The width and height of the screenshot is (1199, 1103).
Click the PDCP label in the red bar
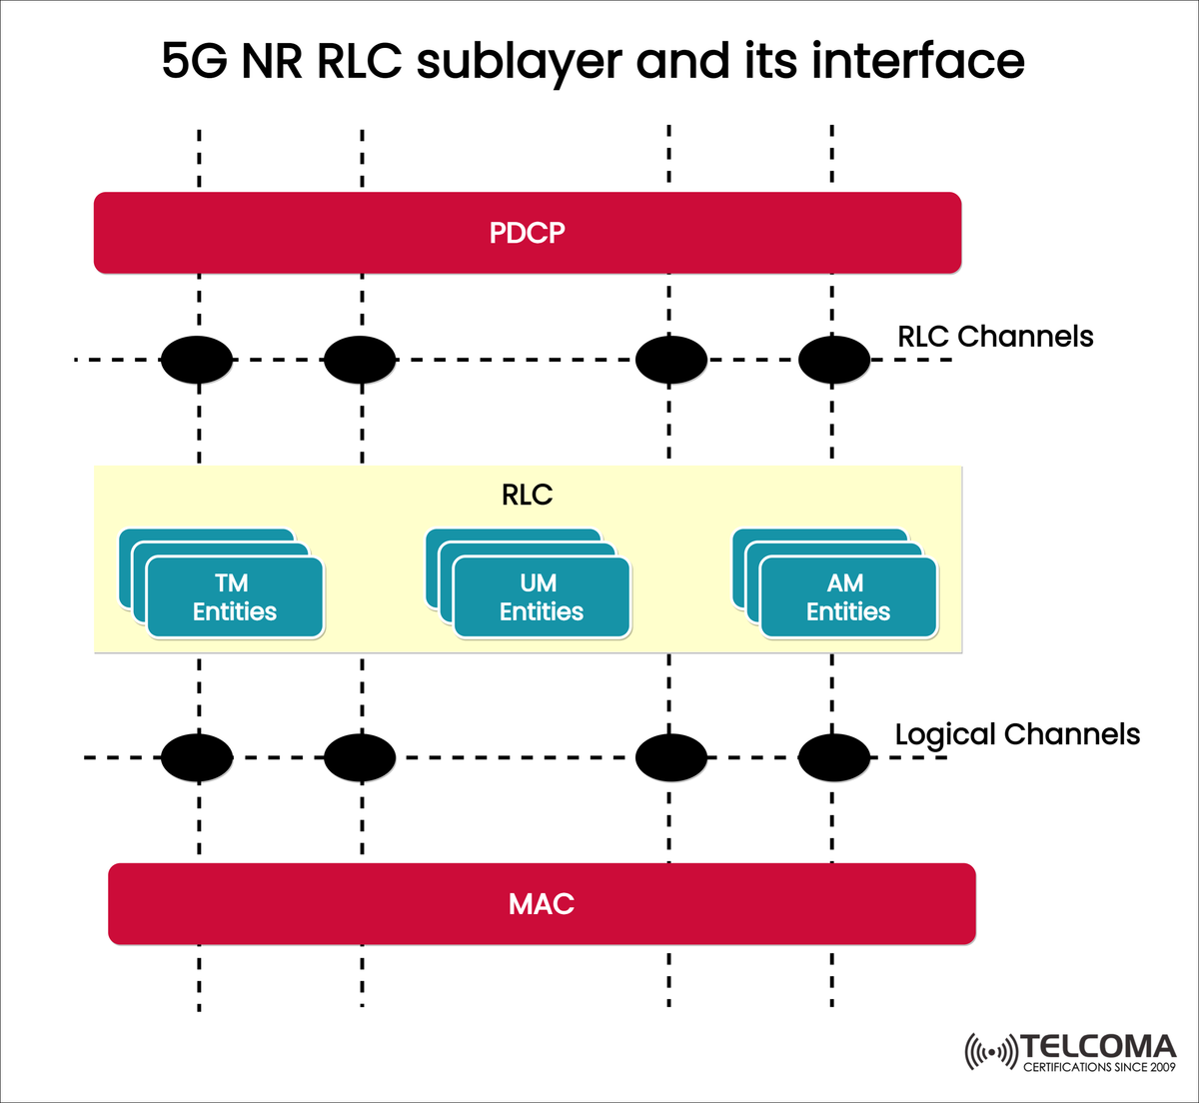(x=527, y=233)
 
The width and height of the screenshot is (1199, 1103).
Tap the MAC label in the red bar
(x=541, y=904)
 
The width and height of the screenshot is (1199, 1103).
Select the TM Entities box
(x=235, y=597)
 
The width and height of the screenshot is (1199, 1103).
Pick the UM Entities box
(x=542, y=597)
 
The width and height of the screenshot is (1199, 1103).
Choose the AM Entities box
(x=848, y=597)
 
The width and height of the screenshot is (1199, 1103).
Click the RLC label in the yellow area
(x=527, y=496)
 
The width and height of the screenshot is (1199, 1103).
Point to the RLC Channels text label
(x=995, y=337)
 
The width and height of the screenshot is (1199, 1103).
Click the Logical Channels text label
(x=1017, y=734)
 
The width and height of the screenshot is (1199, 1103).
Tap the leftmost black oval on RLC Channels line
(x=197, y=360)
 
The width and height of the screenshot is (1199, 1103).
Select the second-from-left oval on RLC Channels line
(x=360, y=360)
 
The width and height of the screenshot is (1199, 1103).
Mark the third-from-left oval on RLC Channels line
(x=671, y=360)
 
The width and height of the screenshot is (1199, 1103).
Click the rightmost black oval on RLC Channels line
(x=834, y=360)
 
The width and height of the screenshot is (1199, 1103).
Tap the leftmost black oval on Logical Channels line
(x=197, y=757)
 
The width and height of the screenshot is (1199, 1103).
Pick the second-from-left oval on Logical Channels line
(x=360, y=757)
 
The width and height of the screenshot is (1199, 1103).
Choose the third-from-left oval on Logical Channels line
(x=671, y=757)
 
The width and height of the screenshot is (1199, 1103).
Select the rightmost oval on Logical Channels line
(x=834, y=757)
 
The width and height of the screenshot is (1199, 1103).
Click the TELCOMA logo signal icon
(x=990, y=1052)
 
